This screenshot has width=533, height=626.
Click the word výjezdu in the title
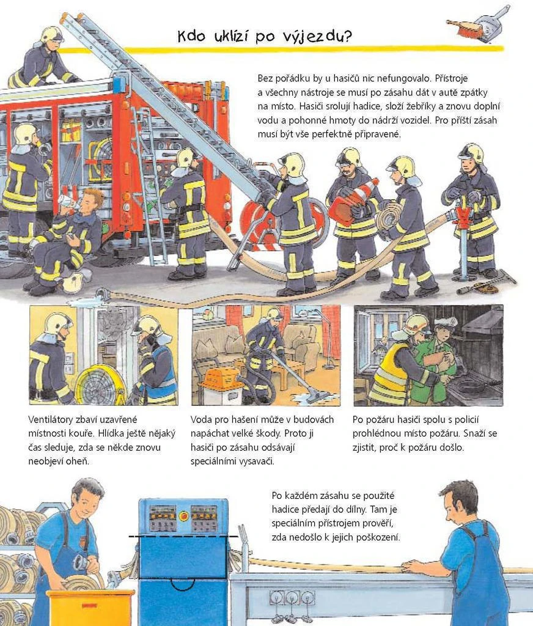[x=317, y=36]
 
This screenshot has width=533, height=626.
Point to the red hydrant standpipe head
[x=463, y=218]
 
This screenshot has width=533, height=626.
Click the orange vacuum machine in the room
[x=218, y=378]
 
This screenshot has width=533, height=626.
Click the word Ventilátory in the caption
[x=51, y=419]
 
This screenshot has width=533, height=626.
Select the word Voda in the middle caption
[x=201, y=419]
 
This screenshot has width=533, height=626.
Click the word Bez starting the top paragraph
[x=265, y=78]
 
